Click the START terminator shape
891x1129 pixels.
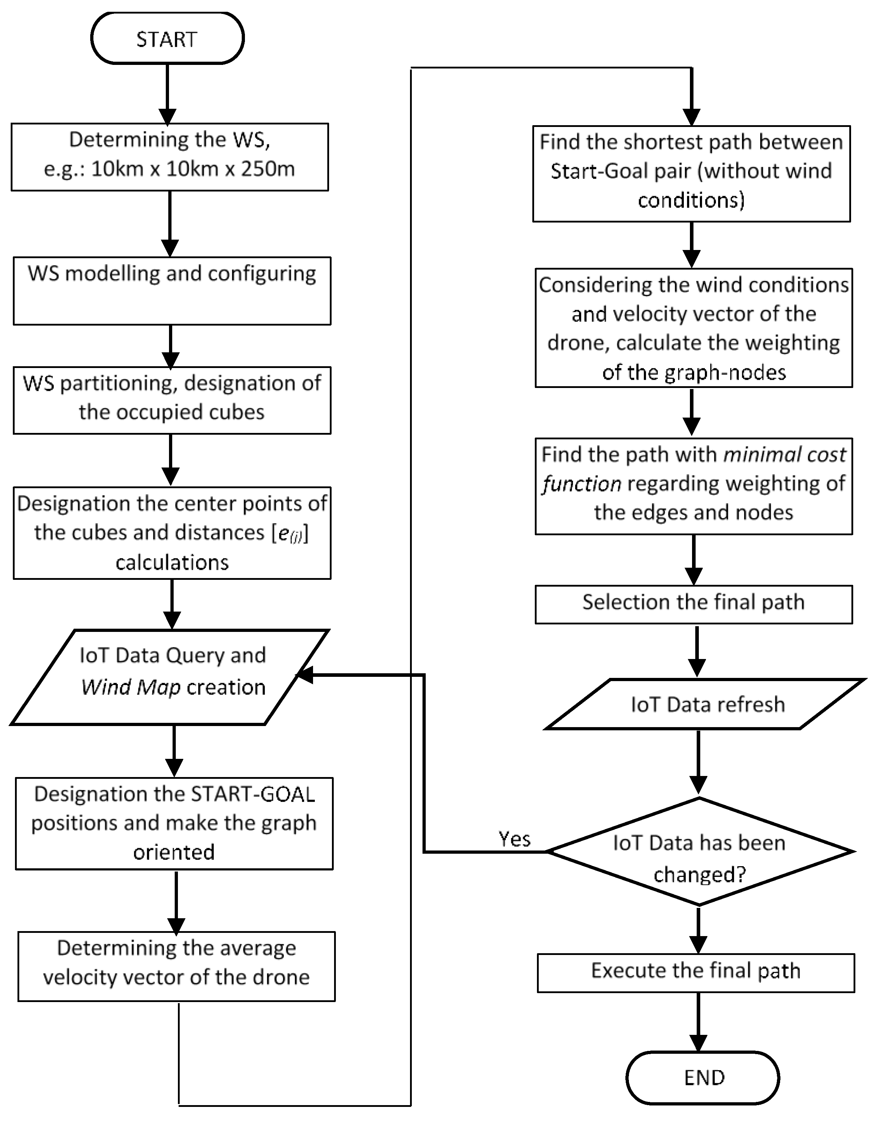pyautogui.click(x=167, y=39)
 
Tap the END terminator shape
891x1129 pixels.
pyautogui.click(x=703, y=1077)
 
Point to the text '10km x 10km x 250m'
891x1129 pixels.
pyautogui.click(x=193, y=169)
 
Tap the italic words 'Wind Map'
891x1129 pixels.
pyautogui.click(x=131, y=687)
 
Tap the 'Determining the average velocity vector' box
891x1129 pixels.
pyautogui.click(x=176, y=966)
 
